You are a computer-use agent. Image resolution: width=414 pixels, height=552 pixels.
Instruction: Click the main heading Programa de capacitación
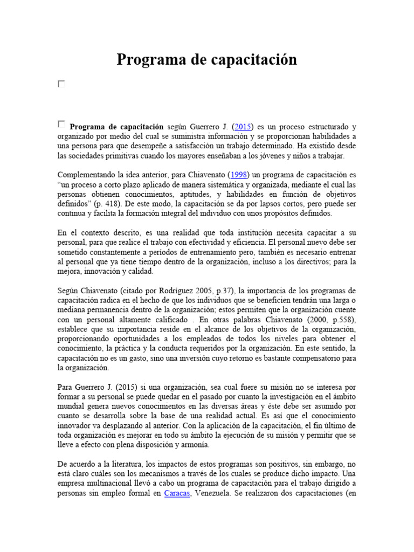[206, 60]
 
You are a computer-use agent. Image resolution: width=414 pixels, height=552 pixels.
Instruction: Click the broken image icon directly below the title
[61, 84]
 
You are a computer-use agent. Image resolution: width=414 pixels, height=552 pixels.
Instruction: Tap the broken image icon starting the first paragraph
[61, 125]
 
